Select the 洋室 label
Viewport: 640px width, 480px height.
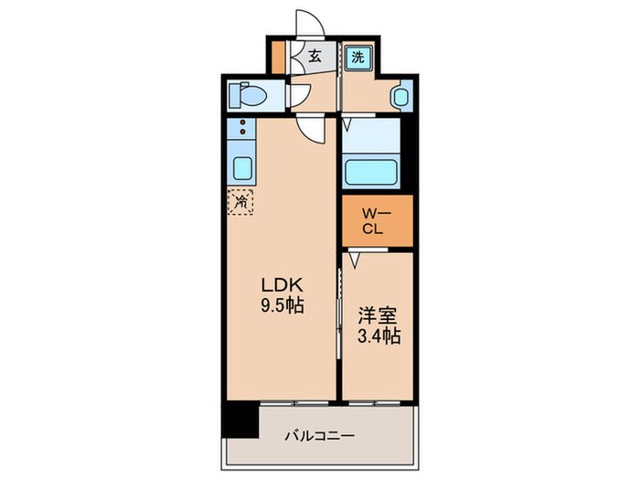click(x=376, y=315)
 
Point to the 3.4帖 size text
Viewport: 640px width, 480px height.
click(x=376, y=336)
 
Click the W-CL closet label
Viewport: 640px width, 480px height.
click(x=377, y=221)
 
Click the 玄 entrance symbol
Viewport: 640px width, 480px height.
click(x=314, y=57)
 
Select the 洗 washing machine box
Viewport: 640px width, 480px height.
click(x=358, y=57)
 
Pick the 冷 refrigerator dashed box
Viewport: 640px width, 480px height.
click(x=242, y=199)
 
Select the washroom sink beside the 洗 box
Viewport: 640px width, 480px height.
click(x=400, y=94)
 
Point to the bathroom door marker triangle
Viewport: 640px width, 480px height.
click(x=347, y=119)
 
